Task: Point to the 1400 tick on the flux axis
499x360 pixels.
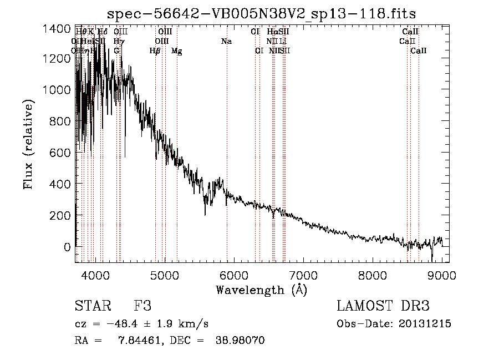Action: coord(58,29)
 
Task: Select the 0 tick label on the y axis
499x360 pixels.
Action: coord(67,246)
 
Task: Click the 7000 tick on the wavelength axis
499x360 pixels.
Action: coord(303,275)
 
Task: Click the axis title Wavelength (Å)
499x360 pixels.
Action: coord(261,289)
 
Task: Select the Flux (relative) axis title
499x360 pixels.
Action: coord(28,145)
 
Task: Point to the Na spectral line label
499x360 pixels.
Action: coord(226,41)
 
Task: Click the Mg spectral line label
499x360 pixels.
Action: coord(176,51)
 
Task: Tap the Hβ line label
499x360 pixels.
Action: coord(155,51)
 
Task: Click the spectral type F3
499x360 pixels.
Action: coord(142,306)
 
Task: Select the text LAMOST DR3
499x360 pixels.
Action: coord(383,306)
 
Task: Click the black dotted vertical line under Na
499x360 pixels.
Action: coord(227,139)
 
